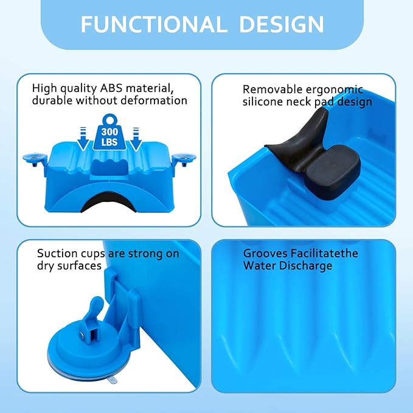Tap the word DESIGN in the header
click(x=281, y=24)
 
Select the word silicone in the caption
click(x=263, y=102)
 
